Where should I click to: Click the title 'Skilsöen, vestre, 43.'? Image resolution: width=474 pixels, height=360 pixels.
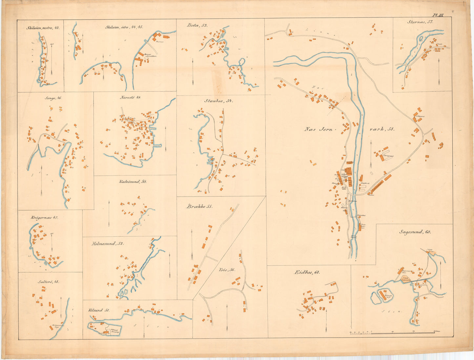[43, 28]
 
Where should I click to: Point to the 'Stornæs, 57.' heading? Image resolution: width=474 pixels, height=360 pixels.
[420, 22]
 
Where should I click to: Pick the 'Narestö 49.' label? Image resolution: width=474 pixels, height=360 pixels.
[130, 97]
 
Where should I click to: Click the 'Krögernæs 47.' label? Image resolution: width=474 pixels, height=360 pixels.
[44, 218]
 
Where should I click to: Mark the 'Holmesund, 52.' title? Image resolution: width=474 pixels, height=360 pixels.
[108, 244]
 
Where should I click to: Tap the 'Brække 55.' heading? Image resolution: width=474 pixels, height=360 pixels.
[199, 207]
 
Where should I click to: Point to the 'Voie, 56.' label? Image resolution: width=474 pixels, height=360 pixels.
[227, 270]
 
